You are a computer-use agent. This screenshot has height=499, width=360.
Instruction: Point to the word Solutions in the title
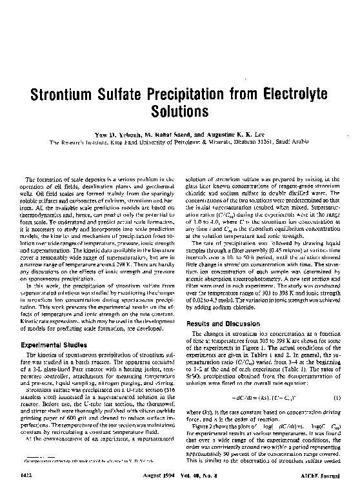pyautogui.click(x=179, y=111)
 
